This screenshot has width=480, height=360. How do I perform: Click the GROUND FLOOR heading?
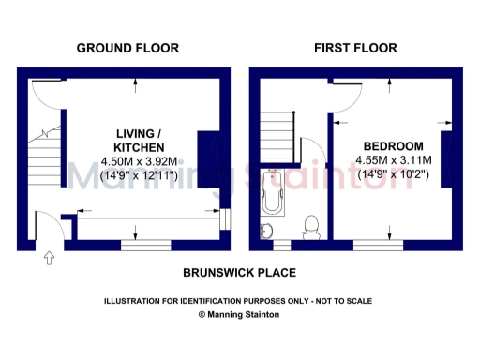[127, 48]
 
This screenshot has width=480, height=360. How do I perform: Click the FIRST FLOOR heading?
[355, 48]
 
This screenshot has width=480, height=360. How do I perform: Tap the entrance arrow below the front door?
[49, 259]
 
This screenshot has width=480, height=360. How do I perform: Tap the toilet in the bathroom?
[311, 225]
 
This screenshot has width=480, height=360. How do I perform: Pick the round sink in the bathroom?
[268, 231]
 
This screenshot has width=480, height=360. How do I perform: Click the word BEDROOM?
[393, 146]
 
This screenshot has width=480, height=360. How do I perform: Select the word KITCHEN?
[139, 148]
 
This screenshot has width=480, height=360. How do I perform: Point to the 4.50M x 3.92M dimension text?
[139, 161]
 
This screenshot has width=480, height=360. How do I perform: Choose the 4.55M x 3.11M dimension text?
[393, 160]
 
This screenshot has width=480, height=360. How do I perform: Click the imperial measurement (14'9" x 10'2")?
[393, 174]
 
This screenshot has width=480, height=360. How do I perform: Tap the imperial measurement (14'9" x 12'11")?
[139, 175]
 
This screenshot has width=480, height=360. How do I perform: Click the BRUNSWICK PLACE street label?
[239, 273]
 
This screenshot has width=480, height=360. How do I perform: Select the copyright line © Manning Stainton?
[238, 315]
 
